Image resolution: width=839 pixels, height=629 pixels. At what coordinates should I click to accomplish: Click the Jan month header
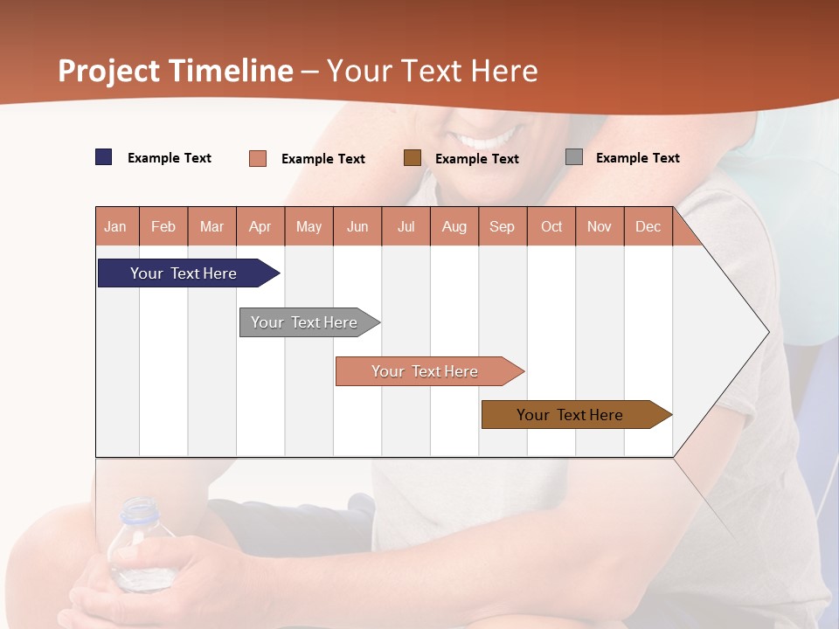point(116,226)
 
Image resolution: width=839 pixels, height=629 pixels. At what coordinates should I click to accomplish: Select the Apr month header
point(260,226)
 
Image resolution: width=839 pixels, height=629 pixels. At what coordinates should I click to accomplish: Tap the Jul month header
point(406,226)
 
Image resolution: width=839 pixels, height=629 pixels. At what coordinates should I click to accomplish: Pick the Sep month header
point(502,226)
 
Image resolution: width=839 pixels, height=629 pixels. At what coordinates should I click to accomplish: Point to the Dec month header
point(648,226)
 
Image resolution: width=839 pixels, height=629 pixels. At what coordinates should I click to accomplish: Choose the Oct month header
point(551,226)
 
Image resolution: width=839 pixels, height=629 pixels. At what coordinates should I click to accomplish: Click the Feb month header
point(163,226)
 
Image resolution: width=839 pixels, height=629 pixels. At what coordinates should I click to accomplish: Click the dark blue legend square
point(104,157)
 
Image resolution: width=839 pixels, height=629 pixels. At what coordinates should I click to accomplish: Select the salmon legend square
point(258,158)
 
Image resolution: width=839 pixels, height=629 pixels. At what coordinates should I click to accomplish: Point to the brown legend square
point(413,158)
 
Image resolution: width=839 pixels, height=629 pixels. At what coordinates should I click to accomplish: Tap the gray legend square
point(574,157)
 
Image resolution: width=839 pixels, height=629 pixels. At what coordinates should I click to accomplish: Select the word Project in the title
point(108,71)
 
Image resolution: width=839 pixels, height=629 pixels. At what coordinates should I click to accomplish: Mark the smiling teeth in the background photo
point(489,140)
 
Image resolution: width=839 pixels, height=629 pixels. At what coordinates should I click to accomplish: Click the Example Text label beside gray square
point(637,158)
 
